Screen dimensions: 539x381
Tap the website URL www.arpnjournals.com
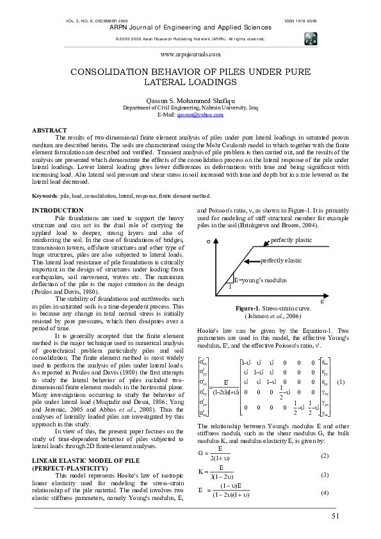click(x=190, y=56)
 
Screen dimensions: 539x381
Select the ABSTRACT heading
click(x=49, y=130)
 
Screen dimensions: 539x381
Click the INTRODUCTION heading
click(x=58, y=210)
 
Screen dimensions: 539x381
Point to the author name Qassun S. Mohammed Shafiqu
click(x=190, y=101)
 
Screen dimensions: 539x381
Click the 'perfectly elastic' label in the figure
click(x=282, y=261)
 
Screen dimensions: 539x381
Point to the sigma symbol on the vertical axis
click(x=209, y=242)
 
